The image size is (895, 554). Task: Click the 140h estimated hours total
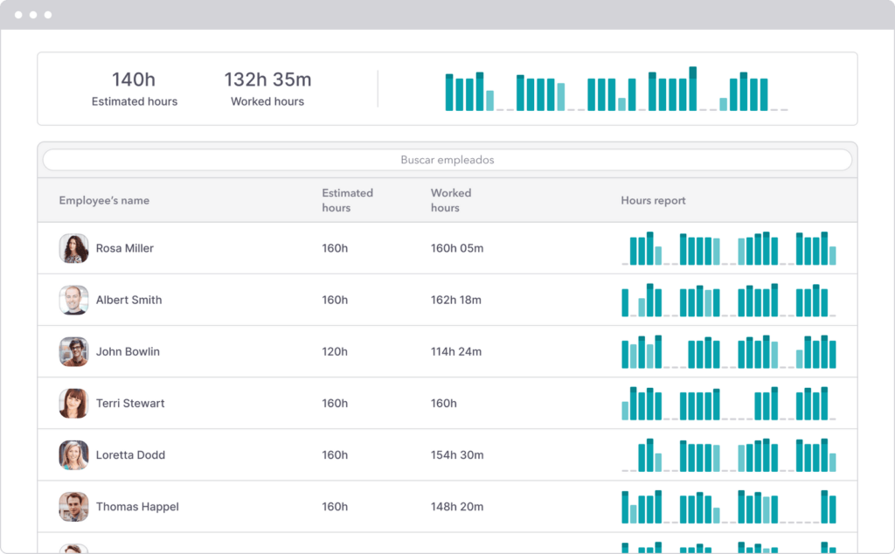point(134,80)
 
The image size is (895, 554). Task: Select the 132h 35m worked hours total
point(267,80)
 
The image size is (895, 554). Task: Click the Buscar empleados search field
point(447,160)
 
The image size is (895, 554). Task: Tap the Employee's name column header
point(104,200)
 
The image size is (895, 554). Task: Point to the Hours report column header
point(653,200)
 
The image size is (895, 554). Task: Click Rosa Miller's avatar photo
point(73,248)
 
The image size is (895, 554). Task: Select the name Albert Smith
point(128,300)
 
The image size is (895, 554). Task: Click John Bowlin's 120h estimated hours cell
point(335,351)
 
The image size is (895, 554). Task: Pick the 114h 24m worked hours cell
point(456,351)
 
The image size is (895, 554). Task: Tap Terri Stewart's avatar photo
point(73,403)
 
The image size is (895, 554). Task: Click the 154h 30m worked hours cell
point(456,454)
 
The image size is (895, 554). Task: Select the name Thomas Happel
point(137,506)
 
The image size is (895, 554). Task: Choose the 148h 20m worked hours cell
point(456,506)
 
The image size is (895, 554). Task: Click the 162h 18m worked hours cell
point(456,300)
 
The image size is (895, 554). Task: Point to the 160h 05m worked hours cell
point(456,248)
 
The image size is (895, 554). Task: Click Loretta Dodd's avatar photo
point(73,454)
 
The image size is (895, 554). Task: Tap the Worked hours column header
point(451,200)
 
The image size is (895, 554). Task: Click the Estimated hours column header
point(347,200)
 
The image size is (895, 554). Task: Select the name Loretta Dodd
point(130,454)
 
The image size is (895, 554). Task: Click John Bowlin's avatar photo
point(73,351)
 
